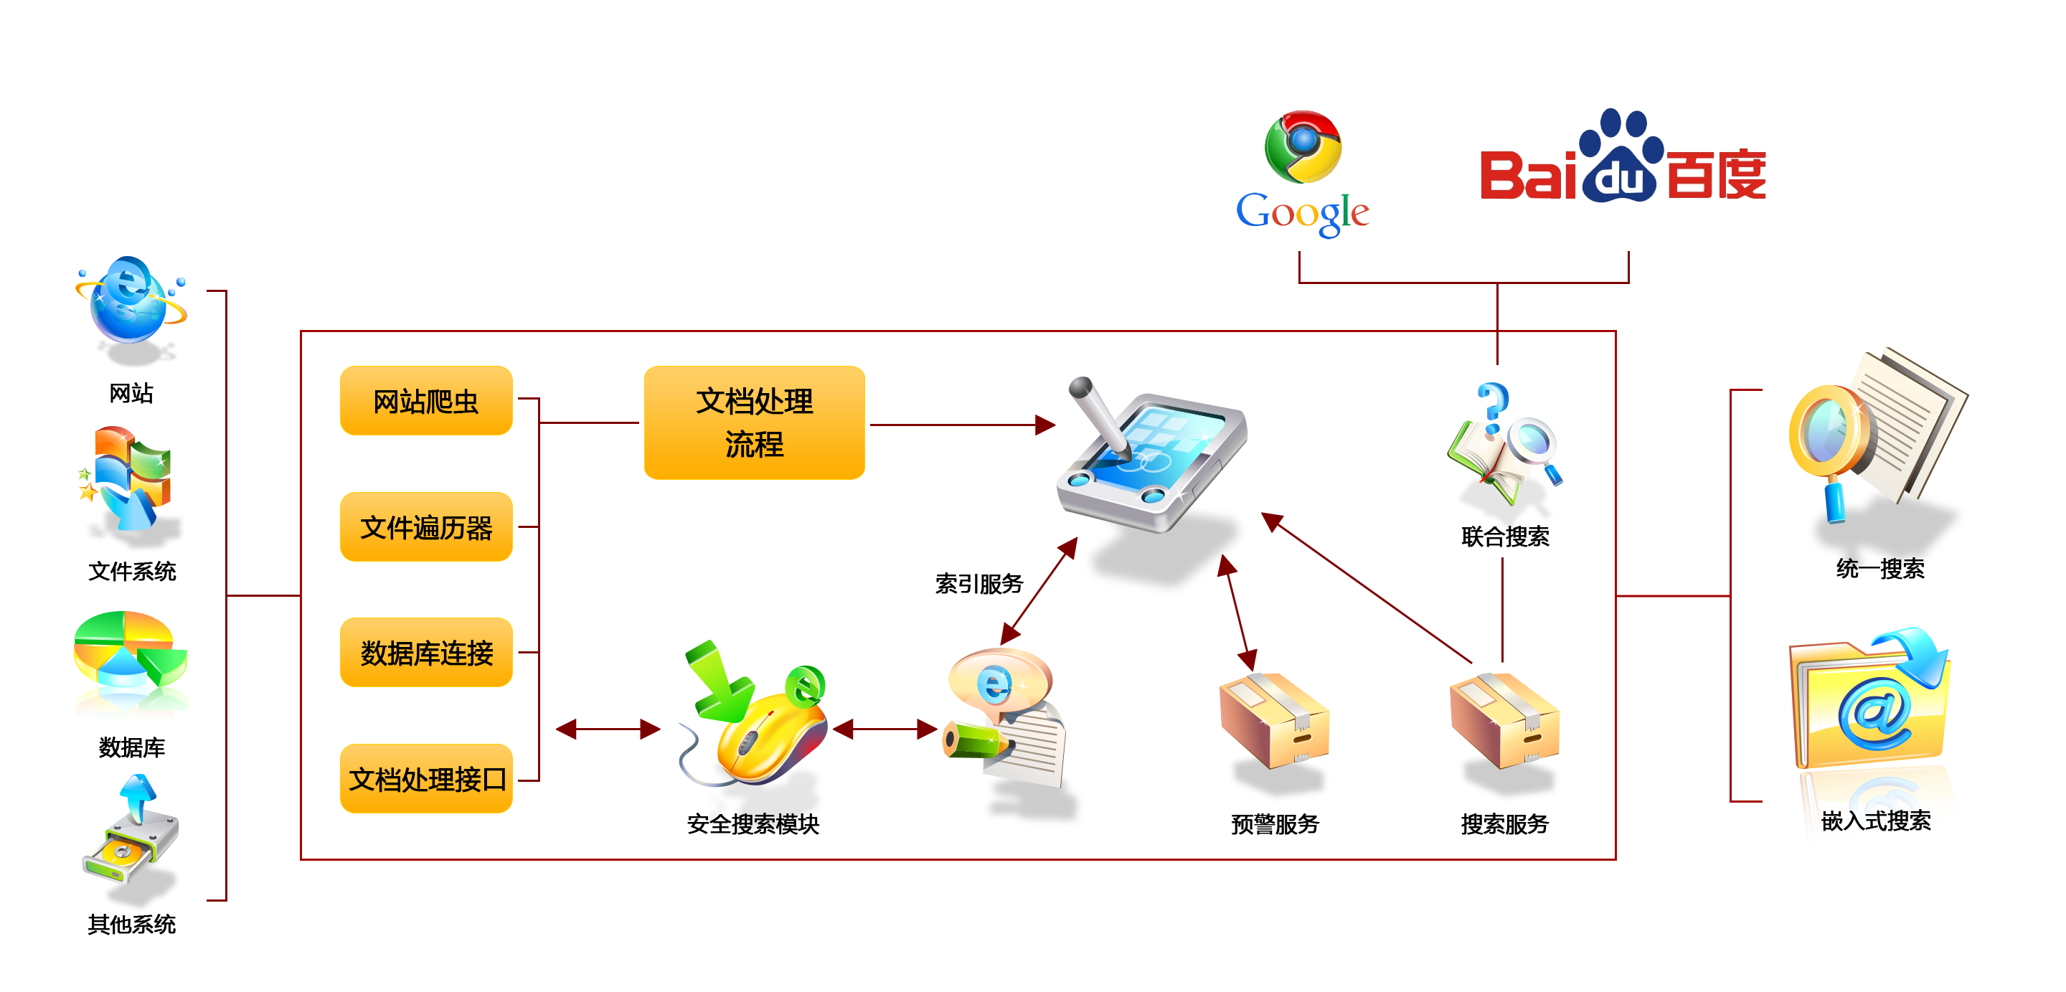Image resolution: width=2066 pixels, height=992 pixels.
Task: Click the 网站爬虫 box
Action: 426,400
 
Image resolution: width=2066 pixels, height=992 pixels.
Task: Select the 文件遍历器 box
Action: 426,527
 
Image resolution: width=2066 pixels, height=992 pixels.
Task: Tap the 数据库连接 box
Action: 426,653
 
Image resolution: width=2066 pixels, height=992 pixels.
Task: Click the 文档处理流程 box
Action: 753,422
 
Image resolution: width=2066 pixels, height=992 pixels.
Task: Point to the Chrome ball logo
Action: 1303,146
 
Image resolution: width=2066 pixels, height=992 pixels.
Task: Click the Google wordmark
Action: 1303,213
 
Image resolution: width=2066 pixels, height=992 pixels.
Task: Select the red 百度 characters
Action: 1717,174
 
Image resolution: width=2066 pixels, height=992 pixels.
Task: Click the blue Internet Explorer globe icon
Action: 131,301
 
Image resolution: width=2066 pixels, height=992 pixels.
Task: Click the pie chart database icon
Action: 131,664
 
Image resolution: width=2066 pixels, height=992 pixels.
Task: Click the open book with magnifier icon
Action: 1503,446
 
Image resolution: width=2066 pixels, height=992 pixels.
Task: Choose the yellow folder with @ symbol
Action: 1873,706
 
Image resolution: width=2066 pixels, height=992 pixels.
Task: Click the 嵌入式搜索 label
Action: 1875,821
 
